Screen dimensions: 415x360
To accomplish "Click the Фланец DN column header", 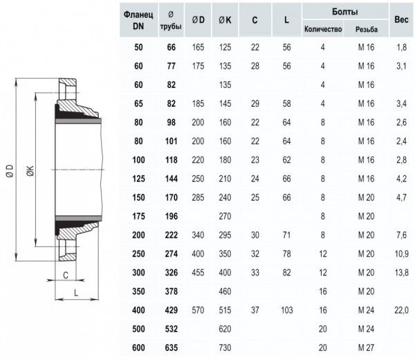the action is tap(138, 20).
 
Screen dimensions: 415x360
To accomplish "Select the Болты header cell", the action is tap(345, 12).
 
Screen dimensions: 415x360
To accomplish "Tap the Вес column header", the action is tap(401, 19).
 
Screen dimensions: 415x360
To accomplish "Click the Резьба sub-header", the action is tap(367, 29).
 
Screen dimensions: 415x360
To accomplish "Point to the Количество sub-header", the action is tap(323, 29).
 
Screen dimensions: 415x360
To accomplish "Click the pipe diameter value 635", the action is tap(172, 348).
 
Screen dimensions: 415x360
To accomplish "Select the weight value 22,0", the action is tap(401, 310).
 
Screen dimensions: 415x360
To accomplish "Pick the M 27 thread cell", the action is tap(367, 348).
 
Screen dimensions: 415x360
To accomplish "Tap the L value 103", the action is tap(286, 310).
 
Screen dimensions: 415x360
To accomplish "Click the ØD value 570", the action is tap(198, 310).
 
